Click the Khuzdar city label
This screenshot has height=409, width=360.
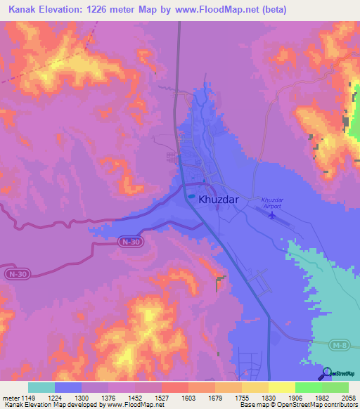(219, 200)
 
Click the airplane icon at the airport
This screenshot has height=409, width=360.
(272, 215)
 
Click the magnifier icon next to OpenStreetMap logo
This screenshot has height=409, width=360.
(326, 374)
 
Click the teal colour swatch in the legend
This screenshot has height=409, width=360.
(41, 387)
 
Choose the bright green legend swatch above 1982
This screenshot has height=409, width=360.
(308, 387)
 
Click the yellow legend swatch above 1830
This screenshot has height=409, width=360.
(255, 387)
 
